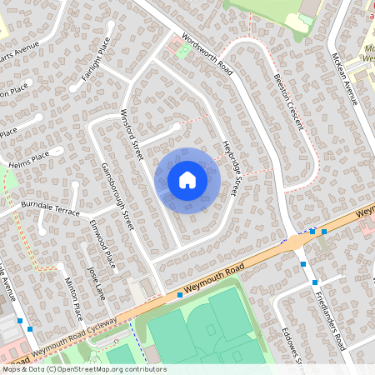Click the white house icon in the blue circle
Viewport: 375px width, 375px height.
point(187,179)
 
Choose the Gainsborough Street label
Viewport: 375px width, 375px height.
point(117,197)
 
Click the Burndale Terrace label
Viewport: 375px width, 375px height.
point(51,208)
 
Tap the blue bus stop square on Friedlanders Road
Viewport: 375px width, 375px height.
point(303,263)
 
